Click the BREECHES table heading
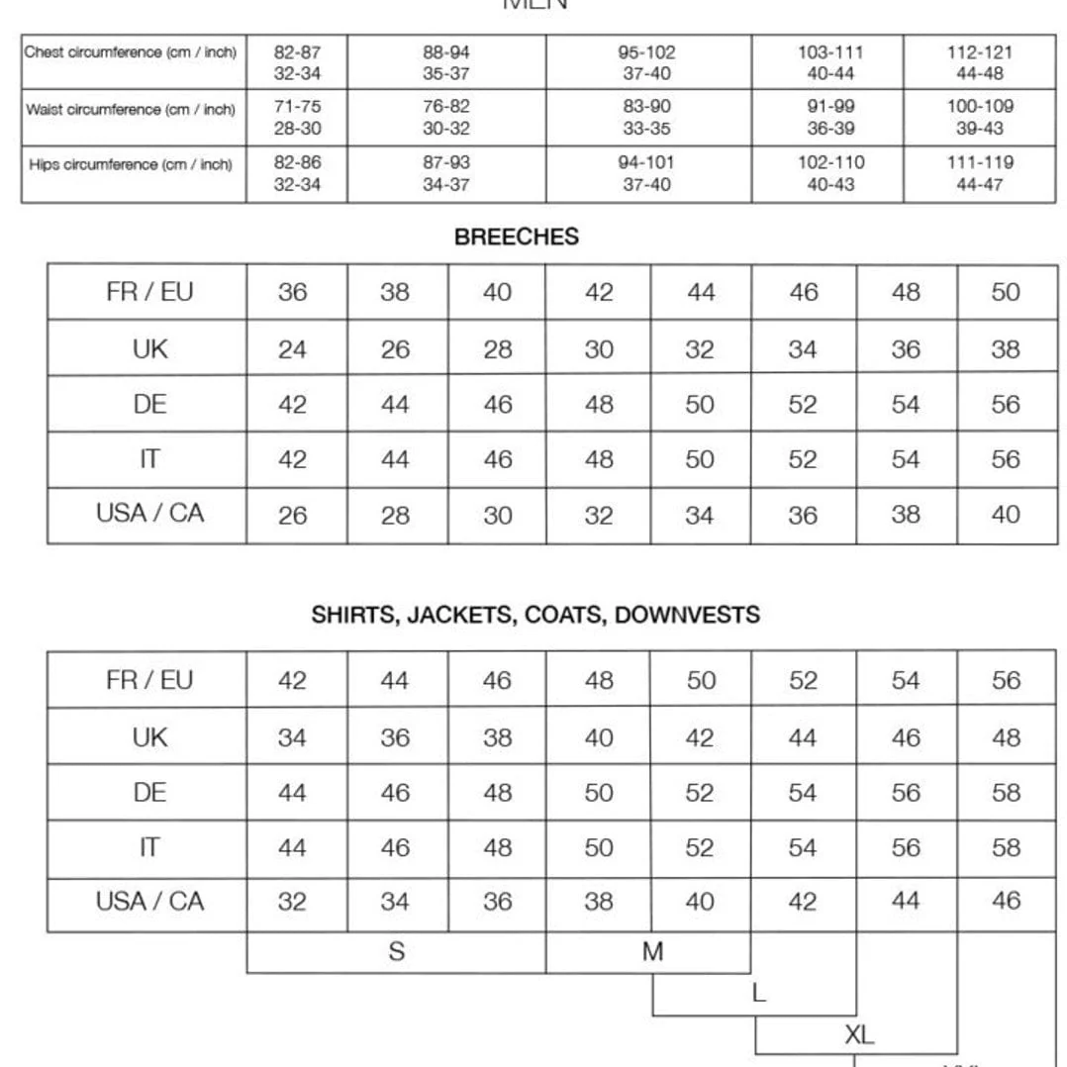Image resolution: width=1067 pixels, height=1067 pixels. pyautogui.click(x=516, y=238)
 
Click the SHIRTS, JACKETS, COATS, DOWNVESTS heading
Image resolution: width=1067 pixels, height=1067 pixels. pyautogui.click(x=535, y=615)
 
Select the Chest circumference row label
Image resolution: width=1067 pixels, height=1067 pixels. pyautogui.click(x=131, y=52)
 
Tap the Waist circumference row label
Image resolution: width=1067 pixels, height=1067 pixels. pyautogui.click(x=131, y=110)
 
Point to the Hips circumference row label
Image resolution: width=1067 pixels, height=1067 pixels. pyautogui.click(x=131, y=164)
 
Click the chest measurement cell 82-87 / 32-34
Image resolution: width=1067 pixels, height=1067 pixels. pyautogui.click(x=297, y=62)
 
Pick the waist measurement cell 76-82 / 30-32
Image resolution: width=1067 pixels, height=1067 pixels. pyautogui.click(x=446, y=117)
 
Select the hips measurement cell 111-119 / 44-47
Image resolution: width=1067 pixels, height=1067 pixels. pyautogui.click(x=979, y=173)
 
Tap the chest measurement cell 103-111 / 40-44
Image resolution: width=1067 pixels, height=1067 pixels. pyautogui.click(x=829, y=62)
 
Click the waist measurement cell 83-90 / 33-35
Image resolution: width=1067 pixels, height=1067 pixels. pyautogui.click(x=647, y=117)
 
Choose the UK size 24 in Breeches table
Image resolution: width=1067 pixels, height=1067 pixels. pyautogui.click(x=292, y=349)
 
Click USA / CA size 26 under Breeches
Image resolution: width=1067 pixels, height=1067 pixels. pyautogui.click(x=292, y=516)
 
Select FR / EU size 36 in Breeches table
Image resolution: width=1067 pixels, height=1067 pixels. pyautogui.click(x=292, y=293)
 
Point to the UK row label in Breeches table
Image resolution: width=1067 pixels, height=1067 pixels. pyautogui.click(x=149, y=349)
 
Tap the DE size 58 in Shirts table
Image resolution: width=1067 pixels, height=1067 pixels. pyautogui.click(x=1005, y=793)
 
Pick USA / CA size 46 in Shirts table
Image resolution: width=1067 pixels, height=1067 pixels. pyautogui.click(x=1005, y=902)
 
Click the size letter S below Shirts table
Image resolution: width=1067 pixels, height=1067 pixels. pyautogui.click(x=396, y=952)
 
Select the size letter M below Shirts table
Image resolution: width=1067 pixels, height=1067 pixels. pyautogui.click(x=652, y=952)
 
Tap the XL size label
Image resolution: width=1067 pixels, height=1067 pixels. pyautogui.click(x=858, y=1035)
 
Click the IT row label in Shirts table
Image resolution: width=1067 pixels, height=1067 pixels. pyautogui.click(x=149, y=848)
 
